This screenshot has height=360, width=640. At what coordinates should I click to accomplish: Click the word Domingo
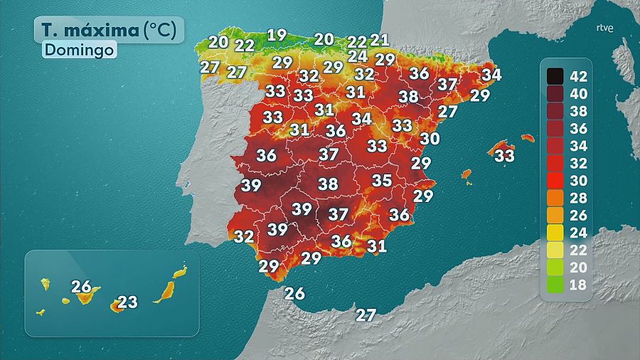79,51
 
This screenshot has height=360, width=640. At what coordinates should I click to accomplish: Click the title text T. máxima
89,31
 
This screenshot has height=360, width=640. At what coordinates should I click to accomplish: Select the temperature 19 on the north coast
277,34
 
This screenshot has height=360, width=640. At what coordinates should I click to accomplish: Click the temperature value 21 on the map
380,40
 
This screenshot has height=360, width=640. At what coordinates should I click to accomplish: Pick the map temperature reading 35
382,180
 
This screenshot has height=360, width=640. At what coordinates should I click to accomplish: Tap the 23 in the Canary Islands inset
127,302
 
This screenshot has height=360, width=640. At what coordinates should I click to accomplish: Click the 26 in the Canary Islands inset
81,287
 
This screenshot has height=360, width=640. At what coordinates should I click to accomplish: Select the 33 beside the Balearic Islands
504,154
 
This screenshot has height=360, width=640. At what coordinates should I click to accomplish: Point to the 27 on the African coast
366,314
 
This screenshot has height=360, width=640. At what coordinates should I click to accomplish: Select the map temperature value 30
430,138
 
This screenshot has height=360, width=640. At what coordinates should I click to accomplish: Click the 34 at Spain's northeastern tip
491,73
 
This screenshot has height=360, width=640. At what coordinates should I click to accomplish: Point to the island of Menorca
527,138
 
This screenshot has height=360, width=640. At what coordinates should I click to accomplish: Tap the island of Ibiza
466,174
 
